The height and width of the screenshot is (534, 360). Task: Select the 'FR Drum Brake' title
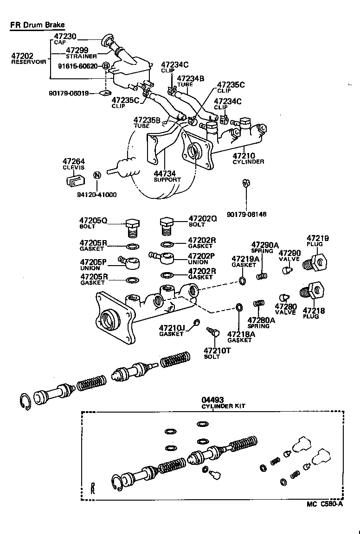click(38, 25)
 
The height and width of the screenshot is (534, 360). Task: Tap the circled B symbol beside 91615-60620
click(105, 66)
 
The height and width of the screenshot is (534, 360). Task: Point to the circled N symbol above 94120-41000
click(97, 175)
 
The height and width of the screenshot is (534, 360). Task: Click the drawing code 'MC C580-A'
click(324, 505)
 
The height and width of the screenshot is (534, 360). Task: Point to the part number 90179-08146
click(247, 215)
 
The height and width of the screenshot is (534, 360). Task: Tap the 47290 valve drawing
click(287, 268)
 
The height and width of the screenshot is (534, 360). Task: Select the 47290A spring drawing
click(263, 276)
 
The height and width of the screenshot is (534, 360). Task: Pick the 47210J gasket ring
click(197, 322)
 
